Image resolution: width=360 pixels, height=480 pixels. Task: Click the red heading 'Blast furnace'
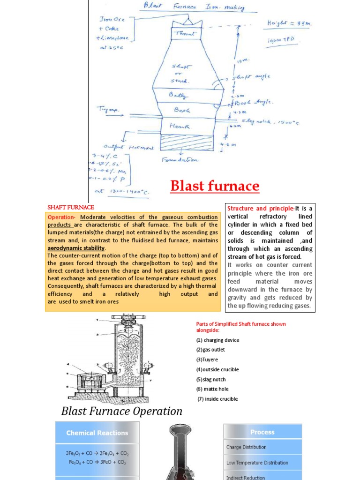click(x=215, y=186)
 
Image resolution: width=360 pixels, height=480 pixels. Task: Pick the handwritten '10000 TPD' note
click(x=281, y=40)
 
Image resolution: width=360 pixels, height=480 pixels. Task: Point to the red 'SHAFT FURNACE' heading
click(x=71, y=207)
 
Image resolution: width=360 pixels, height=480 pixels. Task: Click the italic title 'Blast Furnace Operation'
click(x=122, y=411)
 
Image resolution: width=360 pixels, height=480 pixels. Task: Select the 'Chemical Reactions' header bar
click(x=97, y=433)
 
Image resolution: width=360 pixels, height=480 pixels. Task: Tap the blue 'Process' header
click(x=262, y=432)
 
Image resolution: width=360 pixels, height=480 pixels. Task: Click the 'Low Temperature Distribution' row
click(x=257, y=463)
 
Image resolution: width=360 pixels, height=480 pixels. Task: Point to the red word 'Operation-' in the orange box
click(x=62, y=217)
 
